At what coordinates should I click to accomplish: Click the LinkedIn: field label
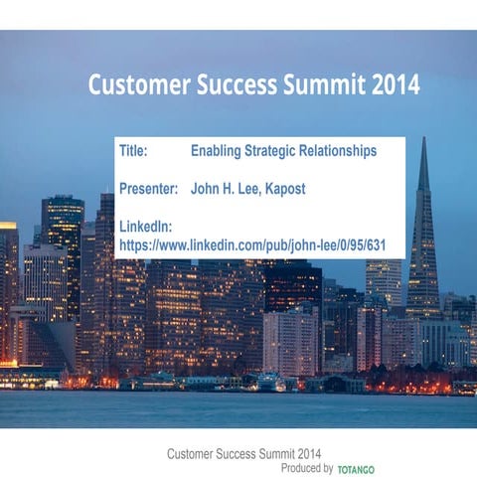coord(146,225)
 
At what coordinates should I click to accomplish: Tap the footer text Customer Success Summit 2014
coord(243,453)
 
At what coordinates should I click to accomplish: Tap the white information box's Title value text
coord(283,152)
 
